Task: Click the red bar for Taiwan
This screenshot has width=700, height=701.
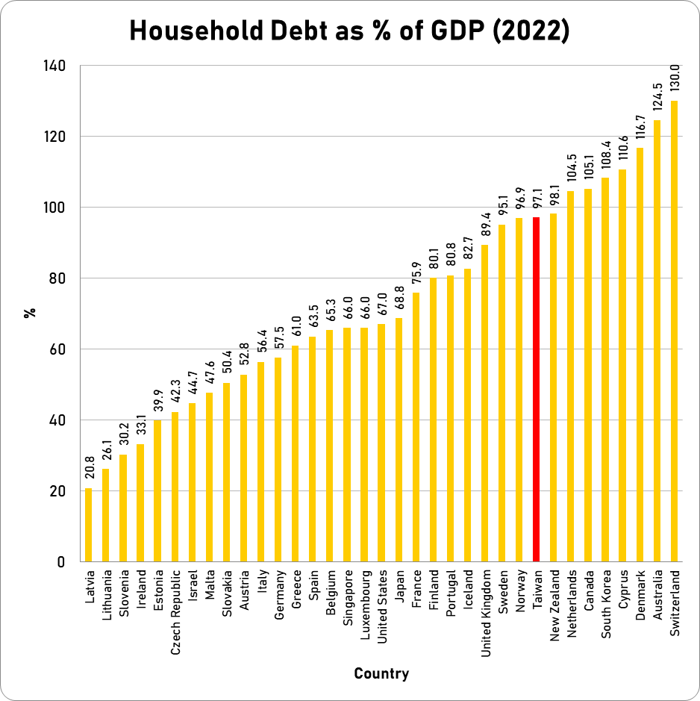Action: tap(536, 388)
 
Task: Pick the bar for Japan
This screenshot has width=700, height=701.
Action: tap(399, 440)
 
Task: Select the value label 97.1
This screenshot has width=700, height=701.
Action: tap(536, 196)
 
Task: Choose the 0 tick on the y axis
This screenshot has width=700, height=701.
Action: tap(61, 562)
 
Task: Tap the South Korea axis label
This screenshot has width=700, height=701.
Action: tap(606, 605)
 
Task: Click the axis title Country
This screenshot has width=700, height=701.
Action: tap(381, 674)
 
